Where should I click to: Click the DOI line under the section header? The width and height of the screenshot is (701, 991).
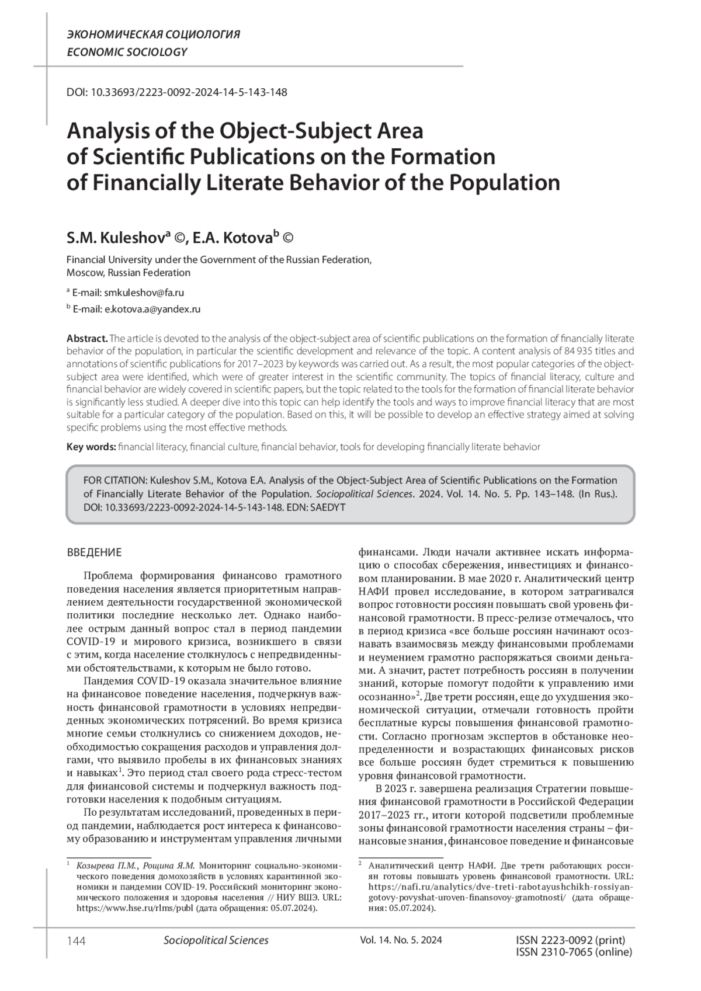point(176,92)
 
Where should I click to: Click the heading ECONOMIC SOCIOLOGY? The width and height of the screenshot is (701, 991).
point(127,52)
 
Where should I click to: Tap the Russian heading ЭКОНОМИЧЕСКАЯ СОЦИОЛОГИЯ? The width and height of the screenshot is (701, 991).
point(154,34)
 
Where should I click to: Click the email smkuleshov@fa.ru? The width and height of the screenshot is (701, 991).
point(144,293)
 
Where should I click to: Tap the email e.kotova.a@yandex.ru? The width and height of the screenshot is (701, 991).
point(152,310)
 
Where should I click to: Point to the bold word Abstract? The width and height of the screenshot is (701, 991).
point(87,339)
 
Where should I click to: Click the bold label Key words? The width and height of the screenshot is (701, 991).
point(91,447)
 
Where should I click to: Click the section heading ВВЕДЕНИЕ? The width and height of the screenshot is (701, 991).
point(95,552)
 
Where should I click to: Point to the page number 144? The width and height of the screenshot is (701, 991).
point(77,941)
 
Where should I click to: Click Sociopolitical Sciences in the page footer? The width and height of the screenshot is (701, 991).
point(216,940)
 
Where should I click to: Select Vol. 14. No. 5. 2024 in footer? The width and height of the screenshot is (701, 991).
point(401,940)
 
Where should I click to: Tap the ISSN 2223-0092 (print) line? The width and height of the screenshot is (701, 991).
point(571,940)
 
